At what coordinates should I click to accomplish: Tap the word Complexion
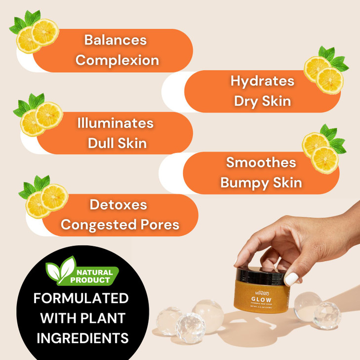click(117, 60)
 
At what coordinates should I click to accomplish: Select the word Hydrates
click(262, 81)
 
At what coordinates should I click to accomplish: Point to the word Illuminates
click(115, 123)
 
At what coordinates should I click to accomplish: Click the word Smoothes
click(261, 162)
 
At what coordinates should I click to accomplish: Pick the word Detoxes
click(118, 204)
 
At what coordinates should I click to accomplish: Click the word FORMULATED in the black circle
click(81, 299)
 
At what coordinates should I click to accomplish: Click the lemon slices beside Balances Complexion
click(38, 35)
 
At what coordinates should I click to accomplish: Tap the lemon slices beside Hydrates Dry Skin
click(324, 73)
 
